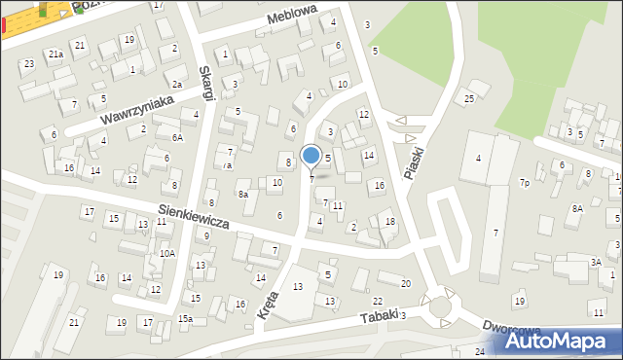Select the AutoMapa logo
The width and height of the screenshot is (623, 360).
(x=559, y=341)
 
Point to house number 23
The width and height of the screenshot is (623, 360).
(x=29, y=64)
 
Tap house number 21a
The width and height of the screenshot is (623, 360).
(x=55, y=54)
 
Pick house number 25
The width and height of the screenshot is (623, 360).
(x=469, y=98)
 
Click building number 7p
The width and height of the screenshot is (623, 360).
(x=524, y=182)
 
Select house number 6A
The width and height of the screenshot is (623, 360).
(x=177, y=138)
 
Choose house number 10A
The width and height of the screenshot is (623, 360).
(x=167, y=253)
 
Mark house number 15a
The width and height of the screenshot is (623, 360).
(x=185, y=319)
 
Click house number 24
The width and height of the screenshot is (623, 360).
(x=480, y=351)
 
